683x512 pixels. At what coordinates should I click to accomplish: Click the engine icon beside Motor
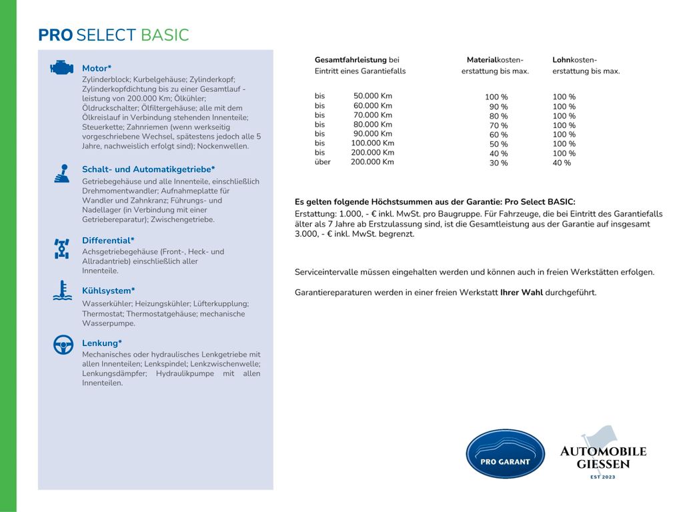[61, 67]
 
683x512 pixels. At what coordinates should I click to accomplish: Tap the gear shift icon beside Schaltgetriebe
[62, 173]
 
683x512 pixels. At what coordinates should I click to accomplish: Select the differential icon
[62, 248]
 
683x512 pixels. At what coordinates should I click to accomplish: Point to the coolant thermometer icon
[62, 291]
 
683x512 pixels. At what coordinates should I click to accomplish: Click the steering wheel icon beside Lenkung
[63, 345]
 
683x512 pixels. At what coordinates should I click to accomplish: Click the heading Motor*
[97, 68]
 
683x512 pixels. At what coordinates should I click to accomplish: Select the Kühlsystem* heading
[108, 291]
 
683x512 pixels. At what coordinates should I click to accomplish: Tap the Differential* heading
[108, 240]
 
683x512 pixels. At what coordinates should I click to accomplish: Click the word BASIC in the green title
[165, 35]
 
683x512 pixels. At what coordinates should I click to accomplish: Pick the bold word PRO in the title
[55, 35]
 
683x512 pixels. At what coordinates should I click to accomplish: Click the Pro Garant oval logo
[505, 453]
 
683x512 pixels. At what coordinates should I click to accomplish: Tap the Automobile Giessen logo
[602, 453]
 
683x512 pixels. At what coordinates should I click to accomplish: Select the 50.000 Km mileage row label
[372, 96]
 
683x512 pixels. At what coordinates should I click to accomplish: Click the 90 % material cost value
[498, 107]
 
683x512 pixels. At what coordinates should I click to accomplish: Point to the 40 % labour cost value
[562, 163]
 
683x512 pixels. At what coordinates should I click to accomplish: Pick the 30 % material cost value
[498, 163]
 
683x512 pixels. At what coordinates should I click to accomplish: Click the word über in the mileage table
[323, 162]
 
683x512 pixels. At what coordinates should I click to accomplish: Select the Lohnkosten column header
[575, 60]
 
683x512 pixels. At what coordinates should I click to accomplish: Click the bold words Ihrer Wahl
[521, 293]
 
